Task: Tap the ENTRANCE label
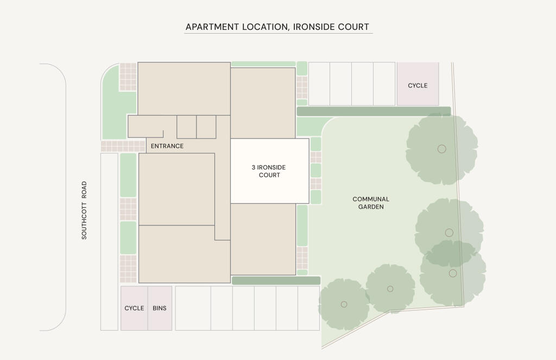(167, 146)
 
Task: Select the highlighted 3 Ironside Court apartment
(270, 171)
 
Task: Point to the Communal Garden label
(371, 203)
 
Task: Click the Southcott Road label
(84, 210)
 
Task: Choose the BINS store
(160, 308)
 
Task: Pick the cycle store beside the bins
(134, 308)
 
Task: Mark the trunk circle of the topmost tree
(441, 149)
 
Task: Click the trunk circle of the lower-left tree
(344, 304)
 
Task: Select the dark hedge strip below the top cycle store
(374, 111)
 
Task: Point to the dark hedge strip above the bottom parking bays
(276, 281)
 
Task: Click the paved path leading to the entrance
(123, 146)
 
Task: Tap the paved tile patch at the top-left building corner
(128, 77)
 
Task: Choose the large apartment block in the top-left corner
(184, 89)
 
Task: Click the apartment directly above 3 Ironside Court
(263, 103)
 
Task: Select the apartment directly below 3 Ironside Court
(263, 239)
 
